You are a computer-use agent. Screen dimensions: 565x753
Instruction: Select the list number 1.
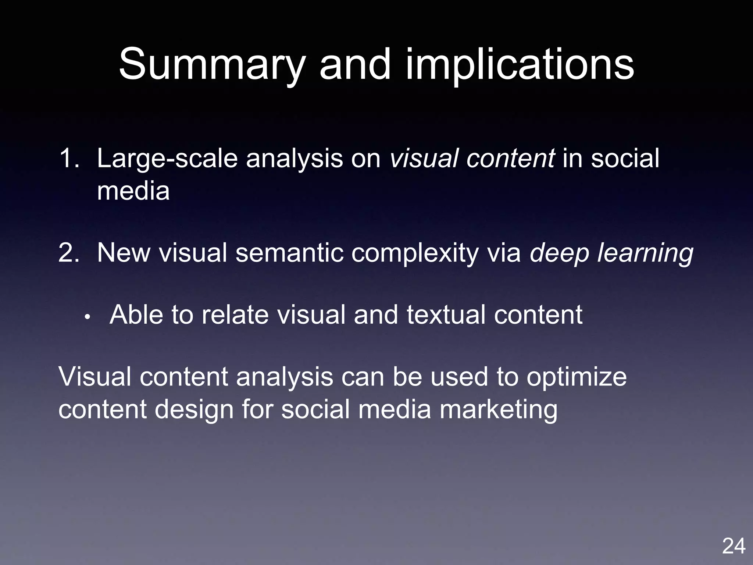69,159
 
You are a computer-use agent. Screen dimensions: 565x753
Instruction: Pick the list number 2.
69,253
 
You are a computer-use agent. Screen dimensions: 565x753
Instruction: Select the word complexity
415,253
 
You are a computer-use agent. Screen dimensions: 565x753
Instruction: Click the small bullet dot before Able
87,317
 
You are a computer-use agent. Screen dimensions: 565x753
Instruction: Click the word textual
446,315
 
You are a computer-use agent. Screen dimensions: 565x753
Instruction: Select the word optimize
577,377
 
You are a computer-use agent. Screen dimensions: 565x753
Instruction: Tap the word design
194,409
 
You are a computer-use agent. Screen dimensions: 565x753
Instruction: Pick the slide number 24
734,546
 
